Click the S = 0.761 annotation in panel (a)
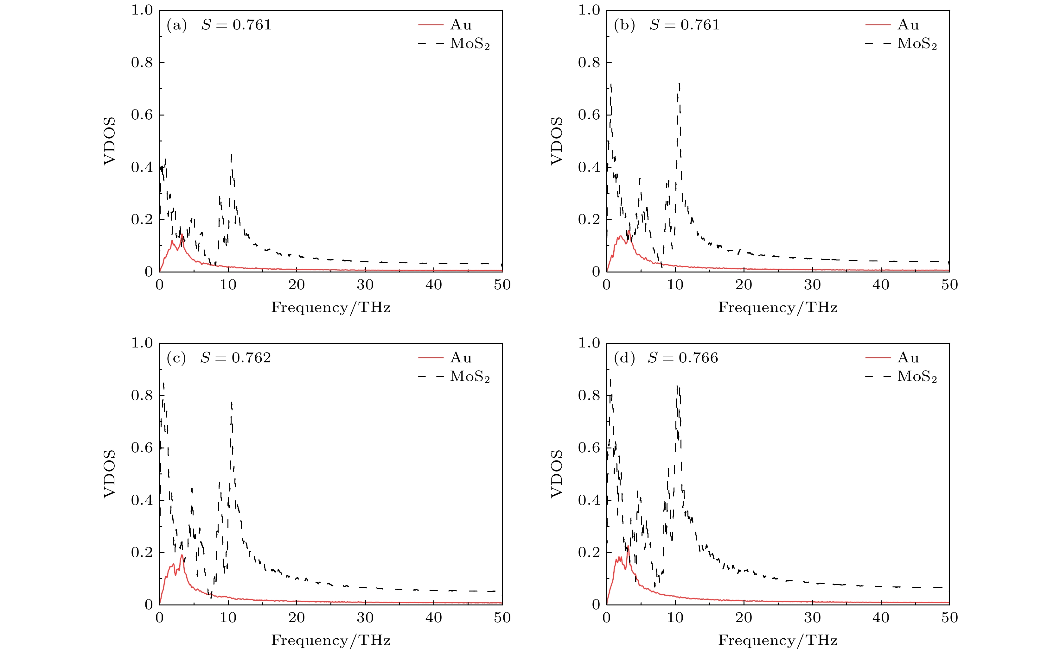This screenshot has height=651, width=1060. [x=236, y=25]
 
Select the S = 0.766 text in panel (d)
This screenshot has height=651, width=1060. [x=683, y=358]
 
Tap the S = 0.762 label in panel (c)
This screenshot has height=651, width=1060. [x=236, y=358]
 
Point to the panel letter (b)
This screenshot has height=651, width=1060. [x=624, y=25]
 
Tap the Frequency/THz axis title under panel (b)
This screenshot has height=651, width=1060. [x=778, y=307]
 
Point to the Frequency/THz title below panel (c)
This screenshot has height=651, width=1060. [x=330, y=640]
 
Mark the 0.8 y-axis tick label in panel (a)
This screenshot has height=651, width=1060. [x=142, y=63]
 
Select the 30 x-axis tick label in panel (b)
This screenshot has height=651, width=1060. [x=812, y=285]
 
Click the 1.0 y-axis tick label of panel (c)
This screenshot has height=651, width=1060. [x=142, y=343]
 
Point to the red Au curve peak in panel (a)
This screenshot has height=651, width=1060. [x=182, y=235]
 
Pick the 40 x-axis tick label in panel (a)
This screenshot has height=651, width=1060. [x=433, y=285]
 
